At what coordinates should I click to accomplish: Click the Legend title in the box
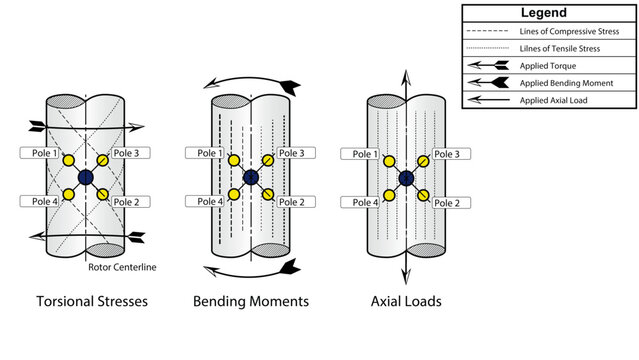click(x=544, y=13)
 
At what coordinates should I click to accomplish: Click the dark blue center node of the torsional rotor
click(x=85, y=177)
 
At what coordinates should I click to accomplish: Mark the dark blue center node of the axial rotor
click(x=406, y=178)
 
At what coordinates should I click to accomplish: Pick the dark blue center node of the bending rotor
click(x=250, y=178)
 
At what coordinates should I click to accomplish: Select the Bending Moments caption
click(x=250, y=301)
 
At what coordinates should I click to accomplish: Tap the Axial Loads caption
click(x=406, y=301)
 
